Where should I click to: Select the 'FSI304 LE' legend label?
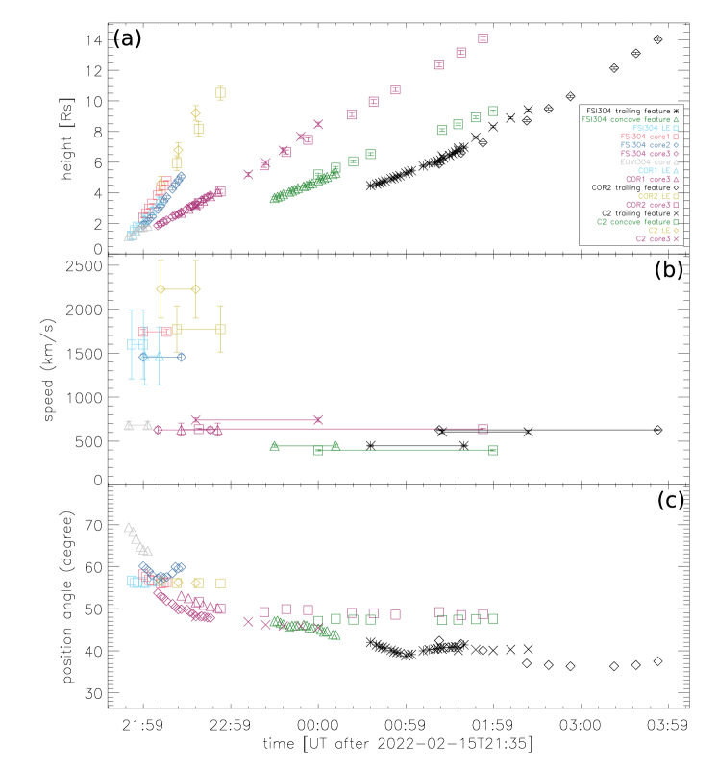(656, 129)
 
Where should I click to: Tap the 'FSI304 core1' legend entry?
(650, 137)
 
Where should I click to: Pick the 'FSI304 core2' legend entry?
(650, 145)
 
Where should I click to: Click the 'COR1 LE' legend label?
(658, 171)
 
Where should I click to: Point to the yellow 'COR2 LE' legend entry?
(658, 196)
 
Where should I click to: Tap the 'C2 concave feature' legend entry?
(637, 222)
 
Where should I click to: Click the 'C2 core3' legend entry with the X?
(657, 239)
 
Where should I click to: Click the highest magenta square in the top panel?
(483, 39)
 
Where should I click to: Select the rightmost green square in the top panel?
(493, 112)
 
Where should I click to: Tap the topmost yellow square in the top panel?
(220, 92)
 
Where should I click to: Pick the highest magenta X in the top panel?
(318, 124)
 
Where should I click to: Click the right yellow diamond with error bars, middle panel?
(195, 289)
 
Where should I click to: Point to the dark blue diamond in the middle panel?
(181, 357)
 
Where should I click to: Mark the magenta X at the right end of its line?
(318, 419)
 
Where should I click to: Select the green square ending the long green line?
(493, 450)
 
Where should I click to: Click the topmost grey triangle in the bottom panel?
(128, 527)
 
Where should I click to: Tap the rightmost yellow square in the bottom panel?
(220, 583)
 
